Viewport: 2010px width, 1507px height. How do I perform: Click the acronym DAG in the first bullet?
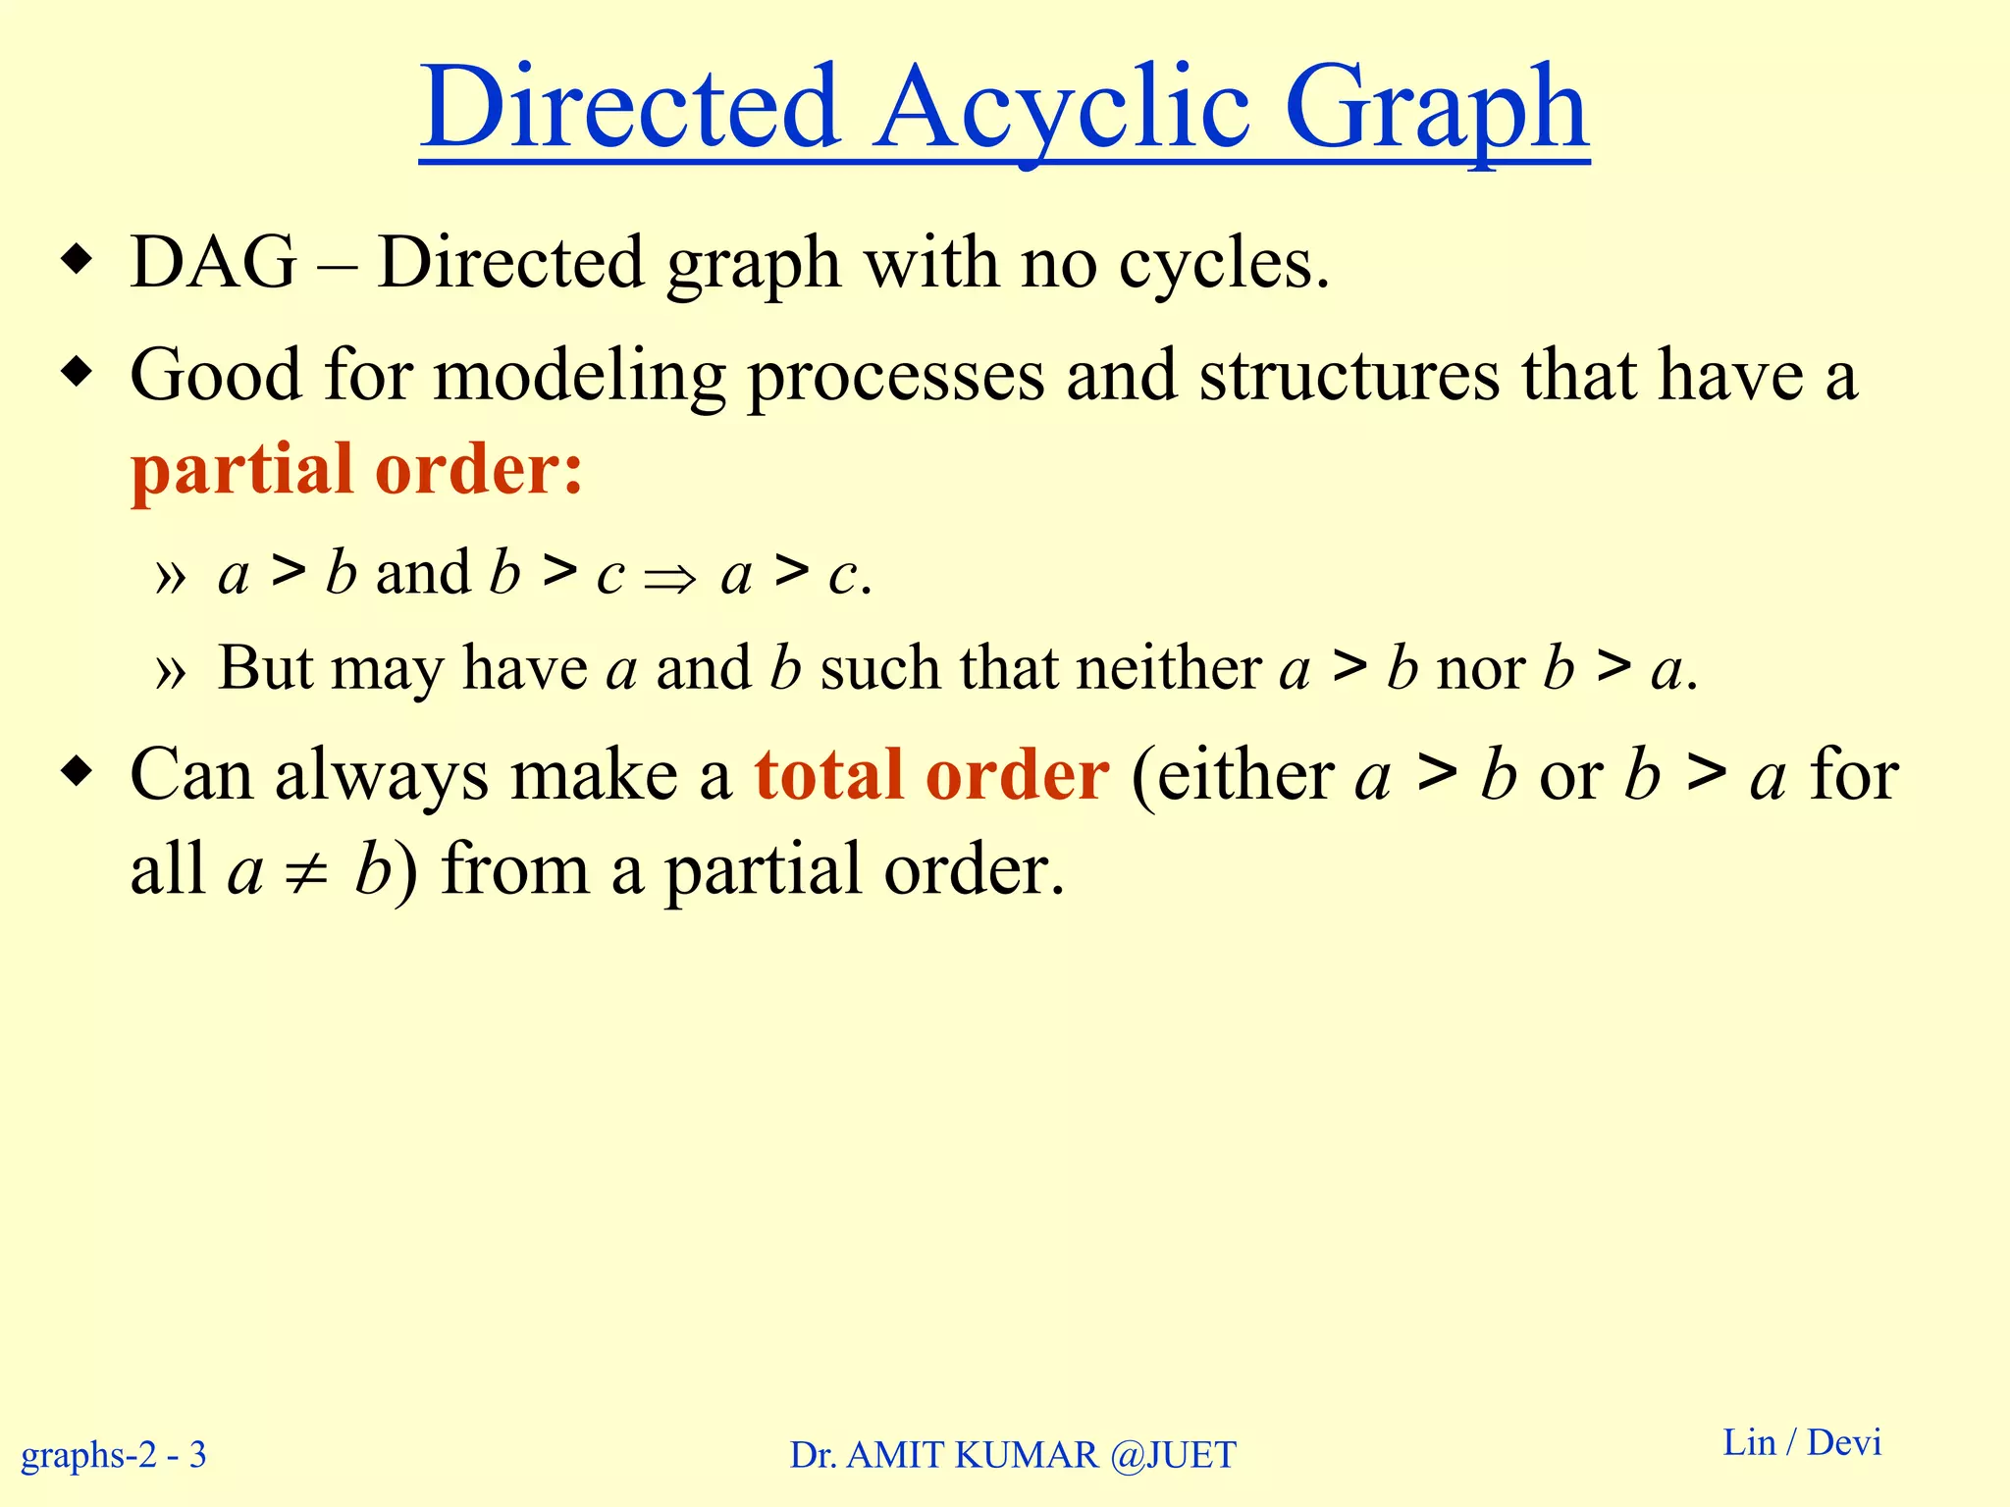(x=213, y=263)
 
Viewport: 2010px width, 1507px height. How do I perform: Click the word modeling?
(x=579, y=377)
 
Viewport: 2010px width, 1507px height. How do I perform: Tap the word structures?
(x=1349, y=375)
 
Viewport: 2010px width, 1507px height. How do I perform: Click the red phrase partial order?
(x=357, y=469)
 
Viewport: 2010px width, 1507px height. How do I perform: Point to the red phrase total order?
(x=931, y=775)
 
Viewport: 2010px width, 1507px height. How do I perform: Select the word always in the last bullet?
(x=381, y=776)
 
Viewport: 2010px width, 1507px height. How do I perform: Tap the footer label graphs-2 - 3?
(x=114, y=1454)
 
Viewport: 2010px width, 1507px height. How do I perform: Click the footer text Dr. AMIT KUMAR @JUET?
(x=1013, y=1455)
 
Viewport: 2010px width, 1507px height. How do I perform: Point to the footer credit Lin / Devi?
(x=1802, y=1442)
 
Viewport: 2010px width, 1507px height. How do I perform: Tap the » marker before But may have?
(x=170, y=672)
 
